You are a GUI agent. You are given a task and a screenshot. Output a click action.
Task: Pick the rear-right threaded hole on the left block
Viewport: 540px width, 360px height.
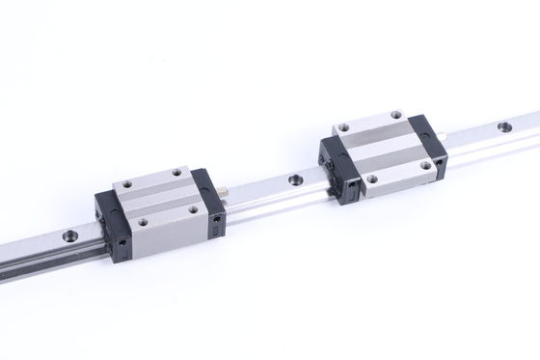click(178, 173)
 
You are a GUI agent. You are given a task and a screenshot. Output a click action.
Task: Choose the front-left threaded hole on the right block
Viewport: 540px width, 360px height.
click(371, 178)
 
